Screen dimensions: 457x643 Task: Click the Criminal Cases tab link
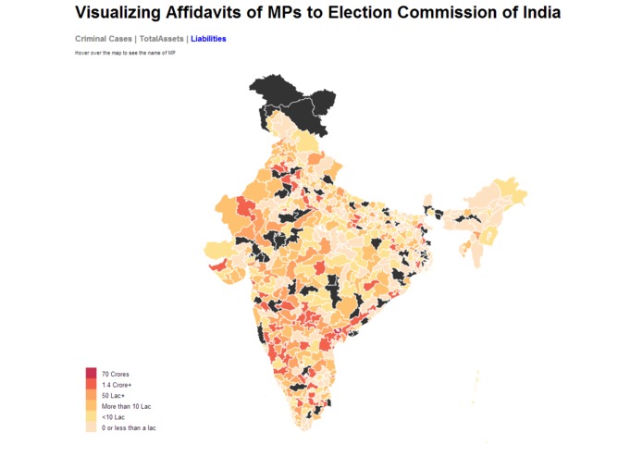pyautogui.click(x=104, y=39)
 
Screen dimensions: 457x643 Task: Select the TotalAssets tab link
pyautogui.click(x=161, y=39)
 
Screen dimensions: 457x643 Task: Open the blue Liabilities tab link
pyautogui.click(x=208, y=39)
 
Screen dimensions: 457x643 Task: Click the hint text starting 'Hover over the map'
pyautogui.click(x=125, y=53)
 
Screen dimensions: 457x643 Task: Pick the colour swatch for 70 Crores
pyautogui.click(x=91, y=373)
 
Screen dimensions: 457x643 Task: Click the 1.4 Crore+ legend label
pyautogui.click(x=117, y=384)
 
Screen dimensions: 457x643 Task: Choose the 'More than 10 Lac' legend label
pyautogui.click(x=126, y=406)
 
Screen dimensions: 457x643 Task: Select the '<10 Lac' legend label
pyautogui.click(x=113, y=417)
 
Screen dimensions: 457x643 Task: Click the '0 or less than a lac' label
pyautogui.click(x=129, y=428)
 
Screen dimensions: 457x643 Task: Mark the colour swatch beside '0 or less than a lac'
pyautogui.click(x=91, y=428)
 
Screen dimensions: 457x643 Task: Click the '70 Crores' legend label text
pyautogui.click(x=115, y=373)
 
